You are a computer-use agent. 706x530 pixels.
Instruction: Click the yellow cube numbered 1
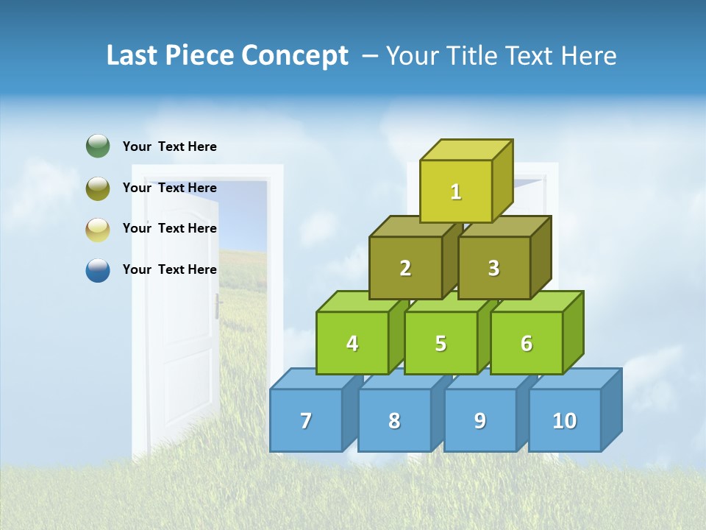click(456, 191)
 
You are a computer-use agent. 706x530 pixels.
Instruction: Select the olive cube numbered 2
click(405, 269)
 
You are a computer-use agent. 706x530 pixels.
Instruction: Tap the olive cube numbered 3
click(493, 269)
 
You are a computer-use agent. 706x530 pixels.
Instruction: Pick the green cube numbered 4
click(352, 343)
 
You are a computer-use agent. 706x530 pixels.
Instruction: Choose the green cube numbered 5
click(441, 343)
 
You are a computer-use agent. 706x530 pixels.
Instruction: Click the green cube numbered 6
click(527, 343)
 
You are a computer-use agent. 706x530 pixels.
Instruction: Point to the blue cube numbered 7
click(306, 420)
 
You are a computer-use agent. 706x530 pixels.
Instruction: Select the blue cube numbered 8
click(394, 420)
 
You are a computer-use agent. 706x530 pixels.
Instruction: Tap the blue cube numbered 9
click(480, 420)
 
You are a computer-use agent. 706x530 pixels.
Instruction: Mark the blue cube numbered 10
click(565, 420)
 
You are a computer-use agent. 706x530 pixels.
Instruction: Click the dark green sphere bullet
click(98, 146)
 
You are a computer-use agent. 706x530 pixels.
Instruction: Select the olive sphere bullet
click(98, 188)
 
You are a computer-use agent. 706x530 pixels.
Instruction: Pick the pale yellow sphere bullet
click(98, 230)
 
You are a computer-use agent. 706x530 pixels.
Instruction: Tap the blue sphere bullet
click(98, 270)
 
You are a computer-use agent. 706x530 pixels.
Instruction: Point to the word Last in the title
click(134, 56)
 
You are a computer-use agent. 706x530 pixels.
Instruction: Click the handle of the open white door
click(218, 305)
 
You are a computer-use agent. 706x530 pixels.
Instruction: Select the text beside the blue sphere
click(170, 269)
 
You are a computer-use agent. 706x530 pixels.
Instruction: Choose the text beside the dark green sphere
click(170, 146)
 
